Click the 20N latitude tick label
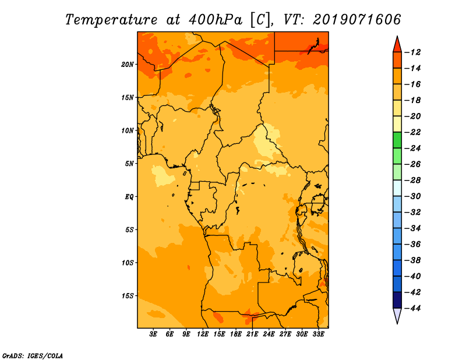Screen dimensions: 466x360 (128, 65)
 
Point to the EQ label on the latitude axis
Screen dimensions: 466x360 (129, 197)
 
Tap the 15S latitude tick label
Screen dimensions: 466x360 (128, 296)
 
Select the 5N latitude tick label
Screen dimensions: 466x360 (129, 164)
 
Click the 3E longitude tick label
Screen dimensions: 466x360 (153, 334)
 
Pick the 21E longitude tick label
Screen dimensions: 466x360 (252, 334)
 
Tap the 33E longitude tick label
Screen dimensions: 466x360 (318, 334)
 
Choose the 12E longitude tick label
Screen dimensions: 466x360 (203, 334)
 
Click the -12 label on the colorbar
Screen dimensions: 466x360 (413, 52)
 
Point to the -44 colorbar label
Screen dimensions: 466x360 (413, 308)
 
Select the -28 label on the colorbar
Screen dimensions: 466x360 (413, 181)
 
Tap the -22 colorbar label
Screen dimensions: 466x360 (413, 132)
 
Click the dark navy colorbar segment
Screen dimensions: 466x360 (397, 300)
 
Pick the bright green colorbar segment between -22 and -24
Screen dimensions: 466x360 (397, 140)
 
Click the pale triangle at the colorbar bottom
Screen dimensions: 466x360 (397, 315)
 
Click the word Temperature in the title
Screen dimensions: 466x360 (111, 20)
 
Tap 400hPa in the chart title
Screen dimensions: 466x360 (216, 20)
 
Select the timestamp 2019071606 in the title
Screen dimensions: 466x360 (356, 20)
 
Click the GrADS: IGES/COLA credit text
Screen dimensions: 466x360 (33, 356)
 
